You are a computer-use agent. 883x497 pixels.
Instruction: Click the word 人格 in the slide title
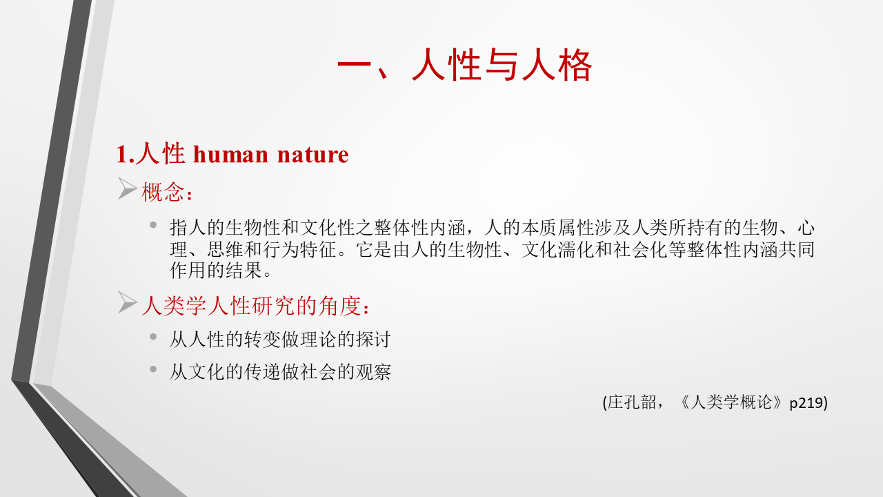click(x=557, y=65)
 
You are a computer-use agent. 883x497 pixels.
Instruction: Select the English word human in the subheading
click(x=231, y=154)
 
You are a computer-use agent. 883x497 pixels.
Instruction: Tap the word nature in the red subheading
click(x=313, y=154)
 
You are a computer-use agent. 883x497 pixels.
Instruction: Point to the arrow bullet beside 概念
click(x=128, y=188)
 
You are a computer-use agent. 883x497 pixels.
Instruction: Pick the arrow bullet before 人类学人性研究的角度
click(x=128, y=302)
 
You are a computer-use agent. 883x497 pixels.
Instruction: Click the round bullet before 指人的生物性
click(x=153, y=225)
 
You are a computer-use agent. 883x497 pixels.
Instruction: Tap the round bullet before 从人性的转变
click(x=153, y=337)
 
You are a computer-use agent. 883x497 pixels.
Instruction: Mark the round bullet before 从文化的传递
click(x=153, y=369)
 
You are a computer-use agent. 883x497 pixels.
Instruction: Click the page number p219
click(x=806, y=402)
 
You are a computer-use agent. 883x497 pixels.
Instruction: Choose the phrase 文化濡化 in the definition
click(x=558, y=250)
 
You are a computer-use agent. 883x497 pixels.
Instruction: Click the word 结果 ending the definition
click(x=244, y=270)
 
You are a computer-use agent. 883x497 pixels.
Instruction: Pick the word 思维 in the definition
click(x=225, y=250)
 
